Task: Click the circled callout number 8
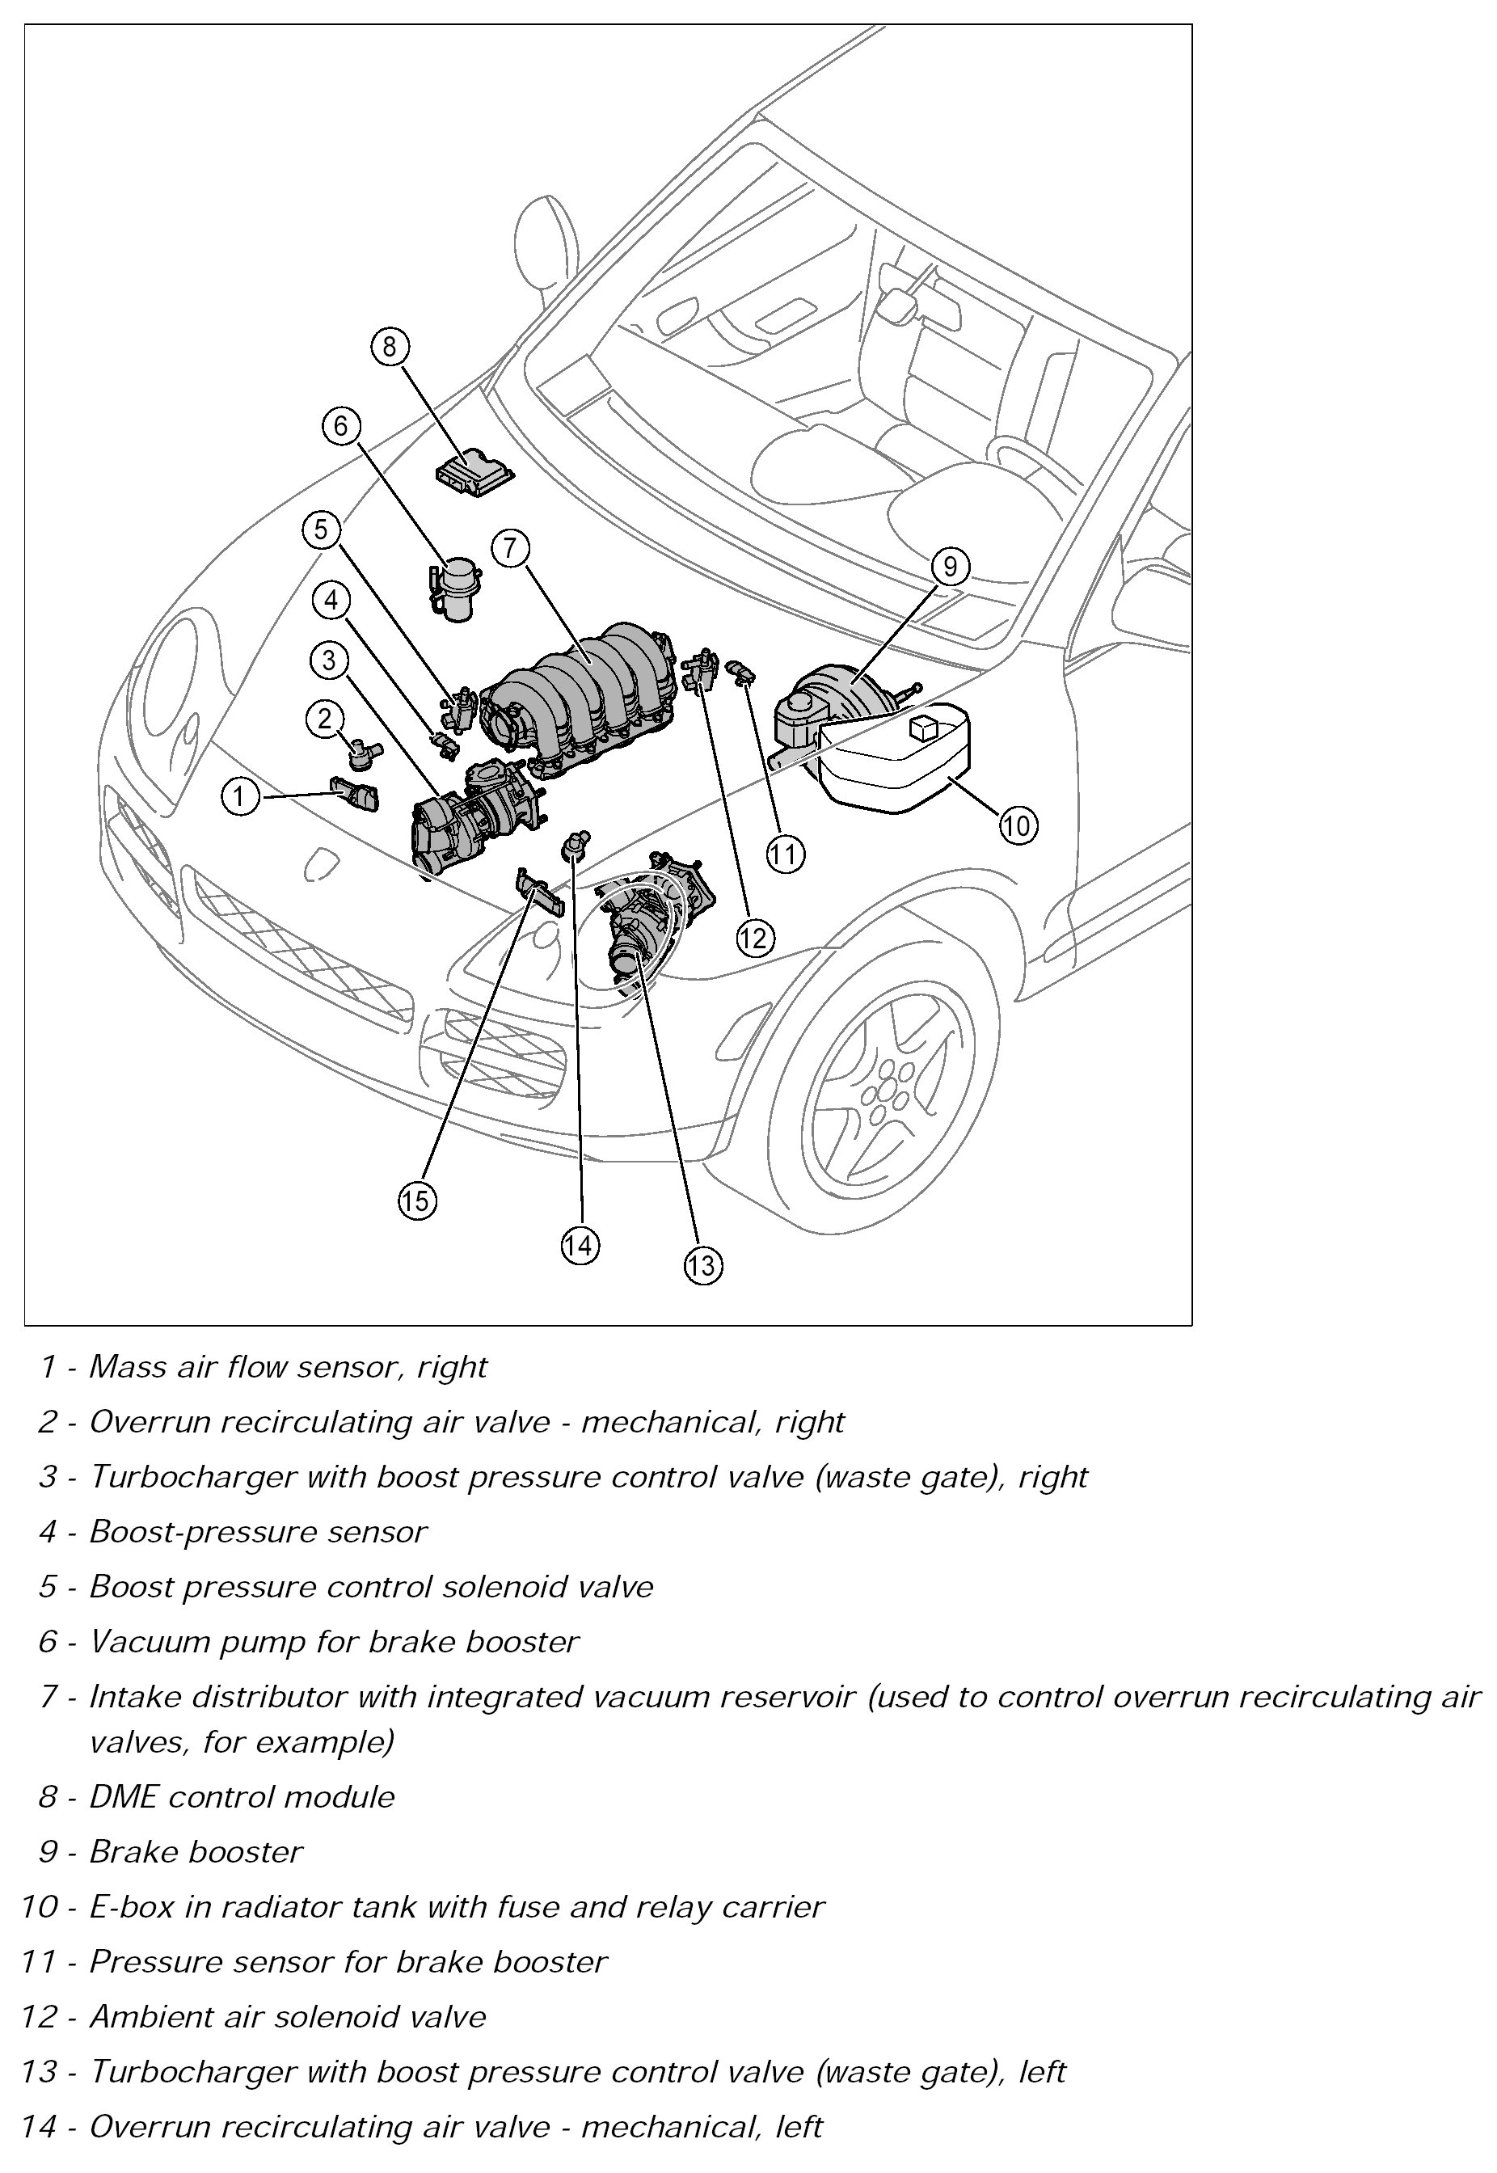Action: coord(390,347)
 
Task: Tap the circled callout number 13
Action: coord(702,1265)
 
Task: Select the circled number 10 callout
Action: coord(1017,825)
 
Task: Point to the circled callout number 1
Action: coord(239,797)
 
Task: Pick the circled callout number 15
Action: coord(417,1200)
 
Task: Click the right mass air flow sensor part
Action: coord(356,793)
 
